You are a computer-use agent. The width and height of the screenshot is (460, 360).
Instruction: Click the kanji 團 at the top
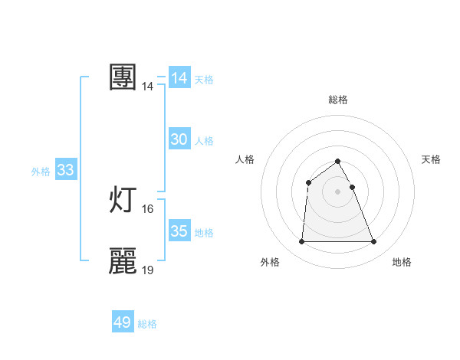pyautogui.click(x=123, y=77)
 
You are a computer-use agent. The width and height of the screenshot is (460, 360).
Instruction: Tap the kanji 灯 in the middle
pyautogui.click(x=123, y=200)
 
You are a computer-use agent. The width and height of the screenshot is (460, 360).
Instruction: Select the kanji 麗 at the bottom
pyautogui.click(x=123, y=261)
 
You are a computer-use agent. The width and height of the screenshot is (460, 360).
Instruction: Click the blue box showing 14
pyautogui.click(x=179, y=78)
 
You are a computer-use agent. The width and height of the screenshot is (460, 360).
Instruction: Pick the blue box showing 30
pyautogui.click(x=179, y=139)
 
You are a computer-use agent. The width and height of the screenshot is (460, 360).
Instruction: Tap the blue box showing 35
pyautogui.click(x=179, y=231)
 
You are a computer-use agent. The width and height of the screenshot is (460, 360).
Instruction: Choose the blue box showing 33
pyautogui.click(x=65, y=170)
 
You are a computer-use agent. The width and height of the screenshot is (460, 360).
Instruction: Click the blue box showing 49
pyautogui.click(x=123, y=322)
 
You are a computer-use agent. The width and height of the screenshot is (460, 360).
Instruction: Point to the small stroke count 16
pyautogui.click(x=148, y=209)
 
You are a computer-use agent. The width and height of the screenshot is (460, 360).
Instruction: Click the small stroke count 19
pyautogui.click(x=148, y=270)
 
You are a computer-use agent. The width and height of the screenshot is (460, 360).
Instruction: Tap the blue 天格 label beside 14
pyautogui.click(x=204, y=80)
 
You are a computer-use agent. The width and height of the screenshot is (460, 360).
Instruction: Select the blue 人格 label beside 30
pyautogui.click(x=204, y=141)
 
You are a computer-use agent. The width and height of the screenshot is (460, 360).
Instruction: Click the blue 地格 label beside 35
pyautogui.click(x=204, y=233)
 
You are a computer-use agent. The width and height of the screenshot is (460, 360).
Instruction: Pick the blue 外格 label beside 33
pyautogui.click(x=41, y=172)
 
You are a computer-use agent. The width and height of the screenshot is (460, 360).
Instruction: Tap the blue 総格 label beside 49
pyautogui.click(x=147, y=324)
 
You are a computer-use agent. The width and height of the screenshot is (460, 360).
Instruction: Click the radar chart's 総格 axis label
pyautogui.click(x=338, y=100)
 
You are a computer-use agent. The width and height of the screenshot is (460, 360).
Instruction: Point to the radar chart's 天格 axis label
pyautogui.click(x=431, y=159)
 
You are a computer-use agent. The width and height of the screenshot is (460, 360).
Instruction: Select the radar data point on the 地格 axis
pyautogui.click(x=373, y=242)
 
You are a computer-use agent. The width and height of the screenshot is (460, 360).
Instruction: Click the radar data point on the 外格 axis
pyautogui.click(x=301, y=242)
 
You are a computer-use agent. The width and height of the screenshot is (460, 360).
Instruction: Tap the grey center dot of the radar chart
pyautogui.click(x=337, y=191)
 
